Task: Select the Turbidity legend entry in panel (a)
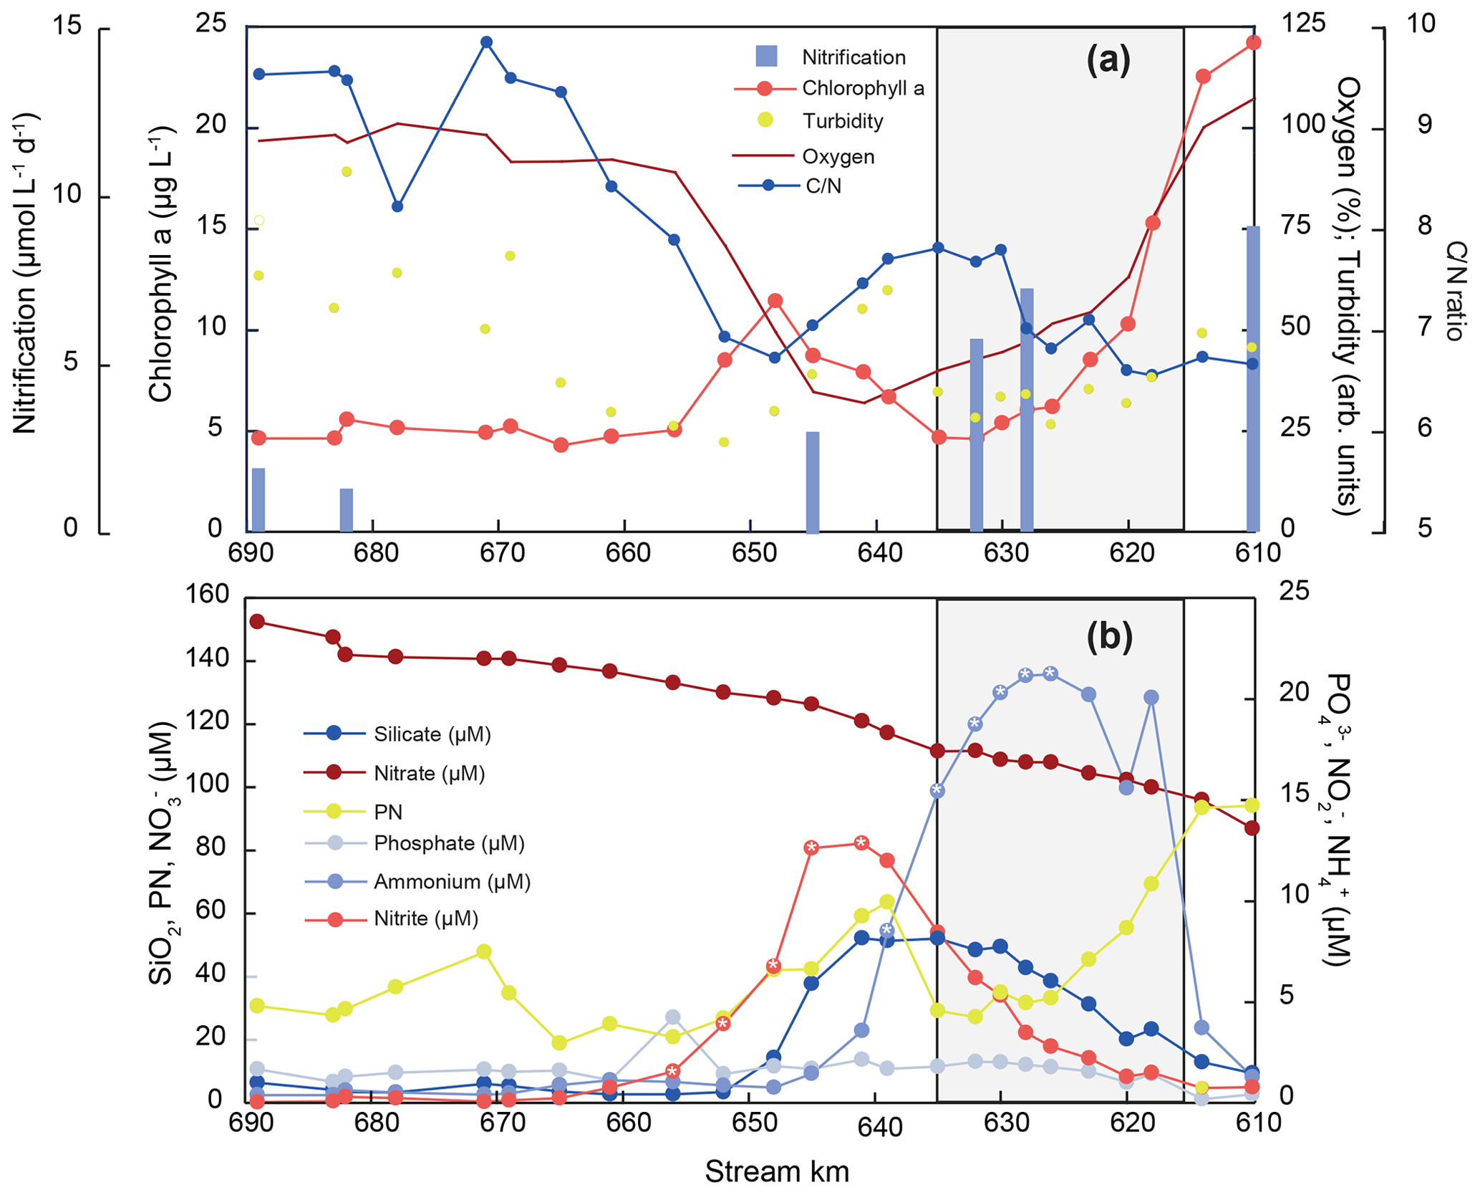point(842,121)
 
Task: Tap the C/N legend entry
point(823,186)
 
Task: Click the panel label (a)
point(1108,60)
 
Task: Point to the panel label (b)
point(1109,636)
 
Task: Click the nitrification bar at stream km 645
point(812,481)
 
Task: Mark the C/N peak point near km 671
point(486,42)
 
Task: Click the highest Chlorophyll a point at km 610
point(1253,43)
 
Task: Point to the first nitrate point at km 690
point(257,621)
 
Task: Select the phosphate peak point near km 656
point(672,1017)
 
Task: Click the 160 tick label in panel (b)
point(207,595)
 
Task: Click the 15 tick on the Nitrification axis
point(67,27)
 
